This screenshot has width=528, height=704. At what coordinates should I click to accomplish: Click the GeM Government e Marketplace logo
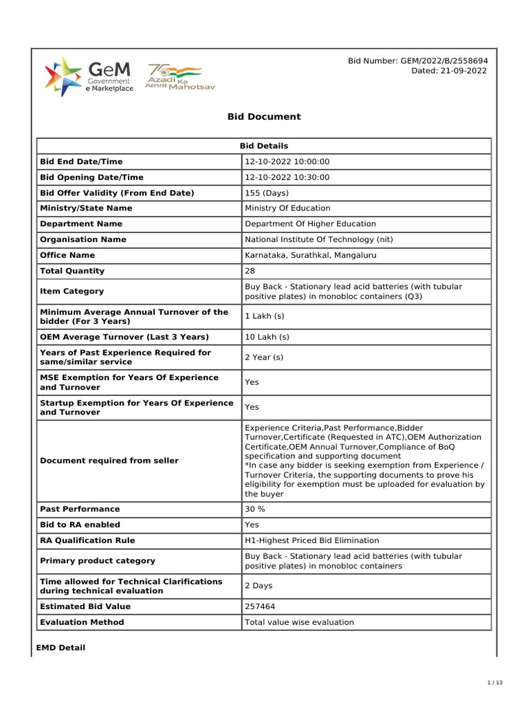click(89, 76)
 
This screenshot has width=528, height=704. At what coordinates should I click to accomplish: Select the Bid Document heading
click(264, 117)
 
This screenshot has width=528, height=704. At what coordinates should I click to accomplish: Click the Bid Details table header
click(264, 146)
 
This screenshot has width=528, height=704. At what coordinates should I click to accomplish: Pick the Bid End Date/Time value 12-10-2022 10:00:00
click(287, 162)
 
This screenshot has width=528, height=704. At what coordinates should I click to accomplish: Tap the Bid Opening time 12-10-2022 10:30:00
click(287, 177)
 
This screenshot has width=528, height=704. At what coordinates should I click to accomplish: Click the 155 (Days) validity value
click(267, 193)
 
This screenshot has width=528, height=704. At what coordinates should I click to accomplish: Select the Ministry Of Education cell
click(287, 208)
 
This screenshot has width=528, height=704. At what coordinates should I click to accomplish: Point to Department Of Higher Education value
click(310, 224)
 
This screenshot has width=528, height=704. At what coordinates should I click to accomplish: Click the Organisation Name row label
click(83, 240)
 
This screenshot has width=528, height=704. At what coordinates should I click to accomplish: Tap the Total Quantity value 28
click(250, 271)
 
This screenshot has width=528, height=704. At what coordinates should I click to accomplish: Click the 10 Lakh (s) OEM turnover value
click(267, 337)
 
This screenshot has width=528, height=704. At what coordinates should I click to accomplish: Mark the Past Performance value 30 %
click(255, 509)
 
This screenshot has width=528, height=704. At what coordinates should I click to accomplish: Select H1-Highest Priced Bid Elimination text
click(311, 540)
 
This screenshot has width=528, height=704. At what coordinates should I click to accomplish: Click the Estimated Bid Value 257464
click(259, 606)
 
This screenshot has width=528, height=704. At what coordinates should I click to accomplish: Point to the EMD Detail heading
click(60, 648)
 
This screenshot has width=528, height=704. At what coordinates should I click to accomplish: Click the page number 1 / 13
click(495, 682)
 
